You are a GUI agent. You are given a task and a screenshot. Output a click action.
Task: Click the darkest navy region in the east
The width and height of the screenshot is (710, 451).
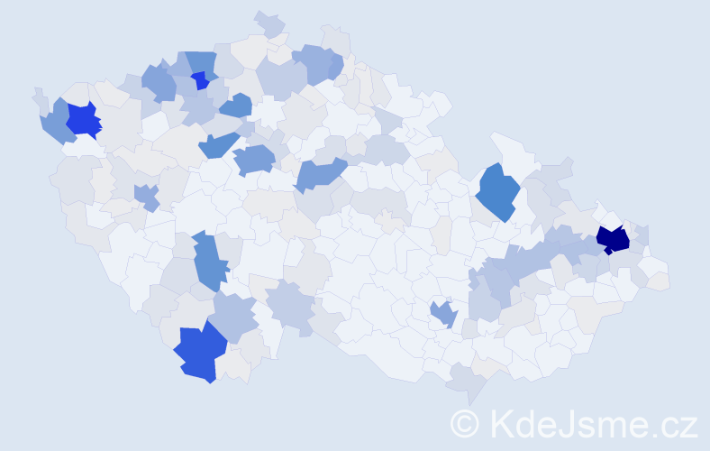click(x=614, y=239)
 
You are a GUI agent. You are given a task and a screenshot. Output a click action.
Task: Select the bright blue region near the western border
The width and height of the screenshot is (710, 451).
click(x=82, y=119)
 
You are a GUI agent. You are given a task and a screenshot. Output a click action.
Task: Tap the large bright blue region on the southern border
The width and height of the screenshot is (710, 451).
click(x=198, y=353)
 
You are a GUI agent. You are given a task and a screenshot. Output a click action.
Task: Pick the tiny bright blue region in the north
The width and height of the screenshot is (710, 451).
click(x=200, y=81)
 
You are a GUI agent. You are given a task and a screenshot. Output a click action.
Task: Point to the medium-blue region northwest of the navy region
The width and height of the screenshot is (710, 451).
click(x=496, y=191)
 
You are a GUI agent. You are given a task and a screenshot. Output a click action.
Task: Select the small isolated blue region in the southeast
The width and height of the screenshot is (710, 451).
click(x=443, y=314)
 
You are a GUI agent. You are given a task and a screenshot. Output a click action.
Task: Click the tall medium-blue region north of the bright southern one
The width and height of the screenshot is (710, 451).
click(x=209, y=260)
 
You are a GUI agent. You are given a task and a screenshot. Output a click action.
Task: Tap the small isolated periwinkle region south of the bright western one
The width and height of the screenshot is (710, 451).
click(x=145, y=195)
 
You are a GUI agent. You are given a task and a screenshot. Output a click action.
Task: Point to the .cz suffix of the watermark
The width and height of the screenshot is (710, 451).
click(x=670, y=423)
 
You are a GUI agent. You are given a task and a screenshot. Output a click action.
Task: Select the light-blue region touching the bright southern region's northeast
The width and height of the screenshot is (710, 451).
click(x=234, y=317)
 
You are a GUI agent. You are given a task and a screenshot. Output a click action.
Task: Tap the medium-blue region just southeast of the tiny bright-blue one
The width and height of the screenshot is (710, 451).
click(x=236, y=106)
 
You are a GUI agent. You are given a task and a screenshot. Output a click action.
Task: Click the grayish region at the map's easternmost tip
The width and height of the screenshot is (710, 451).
click(x=659, y=281)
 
